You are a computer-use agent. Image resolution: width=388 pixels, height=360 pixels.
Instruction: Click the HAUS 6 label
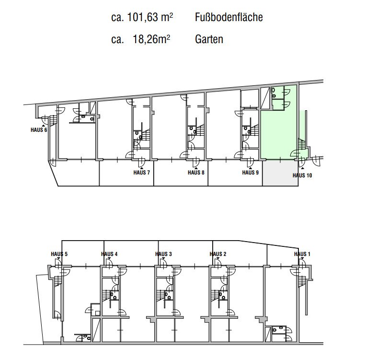(x=39, y=130)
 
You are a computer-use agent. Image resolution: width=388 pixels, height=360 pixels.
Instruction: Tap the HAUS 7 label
(x=141, y=172)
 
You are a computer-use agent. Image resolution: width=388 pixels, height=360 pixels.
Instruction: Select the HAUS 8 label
(x=196, y=172)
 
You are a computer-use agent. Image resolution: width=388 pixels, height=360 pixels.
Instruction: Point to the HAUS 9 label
(x=251, y=172)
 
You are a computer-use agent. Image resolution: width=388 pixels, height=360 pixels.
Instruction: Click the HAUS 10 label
(x=302, y=175)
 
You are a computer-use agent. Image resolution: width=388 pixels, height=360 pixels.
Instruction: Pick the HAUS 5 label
(x=59, y=254)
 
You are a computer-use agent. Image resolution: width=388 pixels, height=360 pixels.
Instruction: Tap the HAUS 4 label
(x=109, y=254)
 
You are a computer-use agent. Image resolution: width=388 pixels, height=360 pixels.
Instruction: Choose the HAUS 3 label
(x=163, y=254)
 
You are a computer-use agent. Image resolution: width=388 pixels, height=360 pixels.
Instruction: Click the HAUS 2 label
(x=218, y=254)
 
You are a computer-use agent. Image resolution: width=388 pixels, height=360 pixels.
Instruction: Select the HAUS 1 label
(x=302, y=254)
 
